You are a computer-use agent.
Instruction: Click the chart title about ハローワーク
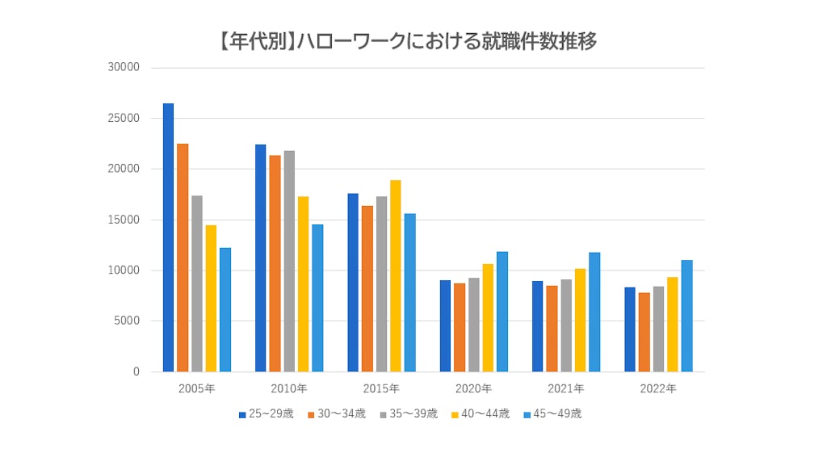coord(407,41)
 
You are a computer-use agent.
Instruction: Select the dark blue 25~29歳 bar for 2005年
coord(168,238)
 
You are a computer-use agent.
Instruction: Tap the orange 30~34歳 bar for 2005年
coord(183,258)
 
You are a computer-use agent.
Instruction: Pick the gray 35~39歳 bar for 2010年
coord(289,262)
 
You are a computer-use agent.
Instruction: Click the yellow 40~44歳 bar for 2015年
coord(396,276)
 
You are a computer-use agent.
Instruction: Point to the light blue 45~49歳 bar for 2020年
coord(502,312)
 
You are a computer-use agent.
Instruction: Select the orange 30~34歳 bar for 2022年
coord(644,332)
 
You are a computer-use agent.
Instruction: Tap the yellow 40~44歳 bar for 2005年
coord(211,299)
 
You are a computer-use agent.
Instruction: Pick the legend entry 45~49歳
coord(552,414)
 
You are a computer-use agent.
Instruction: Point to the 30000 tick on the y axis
coord(124,68)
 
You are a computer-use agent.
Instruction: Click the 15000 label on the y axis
coord(124,220)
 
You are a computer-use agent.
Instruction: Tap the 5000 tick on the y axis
coord(126,321)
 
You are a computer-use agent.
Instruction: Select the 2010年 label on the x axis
coord(289,388)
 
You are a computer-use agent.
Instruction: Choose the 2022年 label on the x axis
coord(658,388)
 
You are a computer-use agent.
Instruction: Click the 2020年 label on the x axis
coord(473,388)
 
